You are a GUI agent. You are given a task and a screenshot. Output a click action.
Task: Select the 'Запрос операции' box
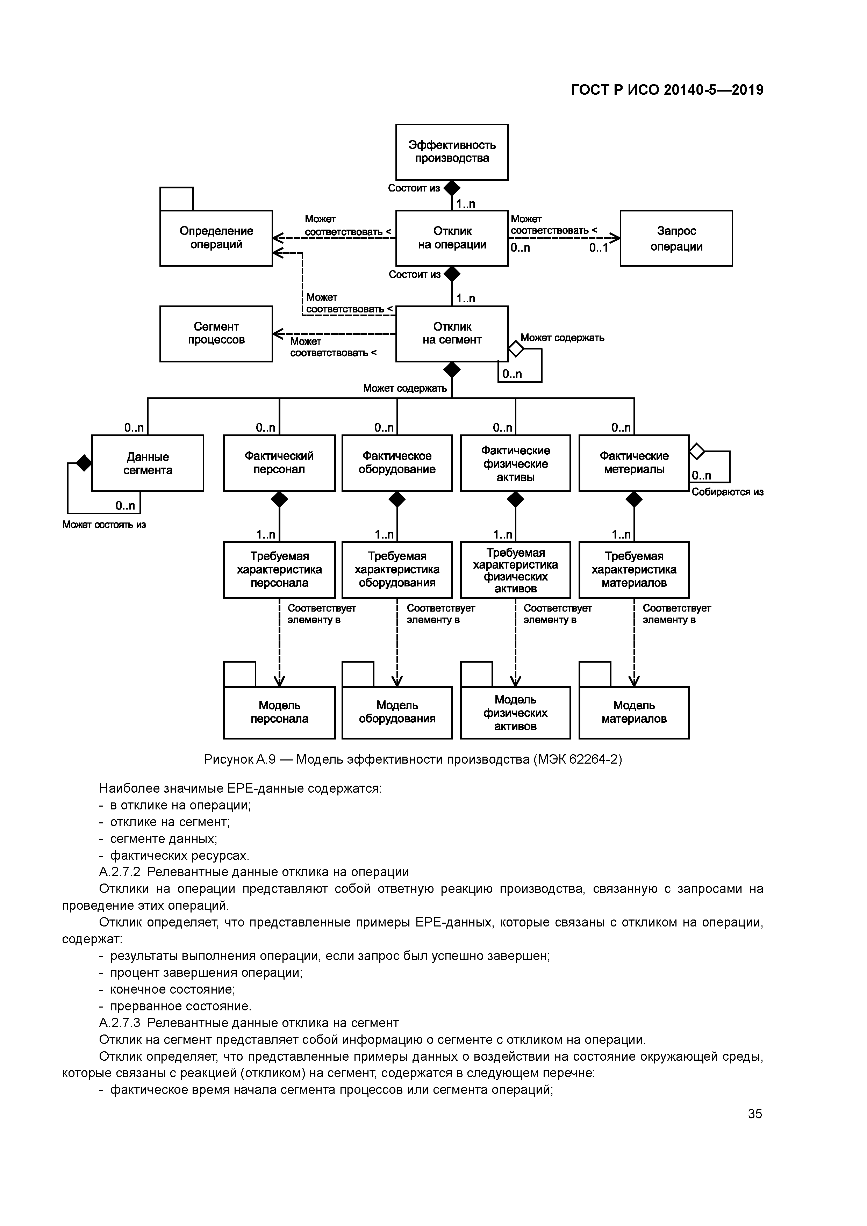[676, 238]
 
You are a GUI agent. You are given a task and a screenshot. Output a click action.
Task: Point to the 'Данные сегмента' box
[148, 463]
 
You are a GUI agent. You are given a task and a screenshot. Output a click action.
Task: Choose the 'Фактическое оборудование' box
[397, 463]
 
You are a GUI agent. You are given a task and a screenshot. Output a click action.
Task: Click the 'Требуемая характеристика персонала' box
[279, 570]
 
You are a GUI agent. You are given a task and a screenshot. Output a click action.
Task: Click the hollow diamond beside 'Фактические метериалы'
[697, 451]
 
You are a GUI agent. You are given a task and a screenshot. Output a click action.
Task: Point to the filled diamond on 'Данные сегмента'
[84, 463]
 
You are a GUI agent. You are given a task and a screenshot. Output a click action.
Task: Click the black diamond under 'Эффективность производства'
[452, 188]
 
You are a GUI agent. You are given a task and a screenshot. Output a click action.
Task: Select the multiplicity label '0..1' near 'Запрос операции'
[598, 248]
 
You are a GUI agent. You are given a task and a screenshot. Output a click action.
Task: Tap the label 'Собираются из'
[727, 492]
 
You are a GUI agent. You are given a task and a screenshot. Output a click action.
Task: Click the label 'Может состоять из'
[104, 524]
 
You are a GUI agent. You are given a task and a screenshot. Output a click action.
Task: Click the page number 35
[755, 1114]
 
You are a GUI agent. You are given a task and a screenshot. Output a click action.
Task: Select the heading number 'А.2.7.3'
[120, 1023]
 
